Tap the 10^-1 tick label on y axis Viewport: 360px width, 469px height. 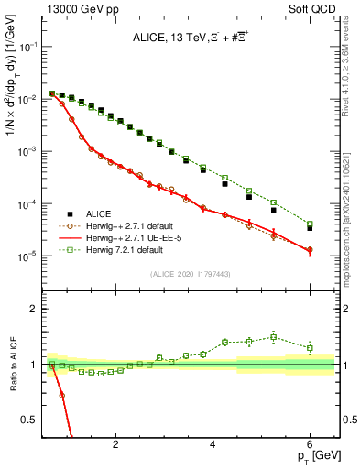click(x=27, y=47)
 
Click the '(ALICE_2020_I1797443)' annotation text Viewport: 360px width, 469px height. click(x=191, y=275)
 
